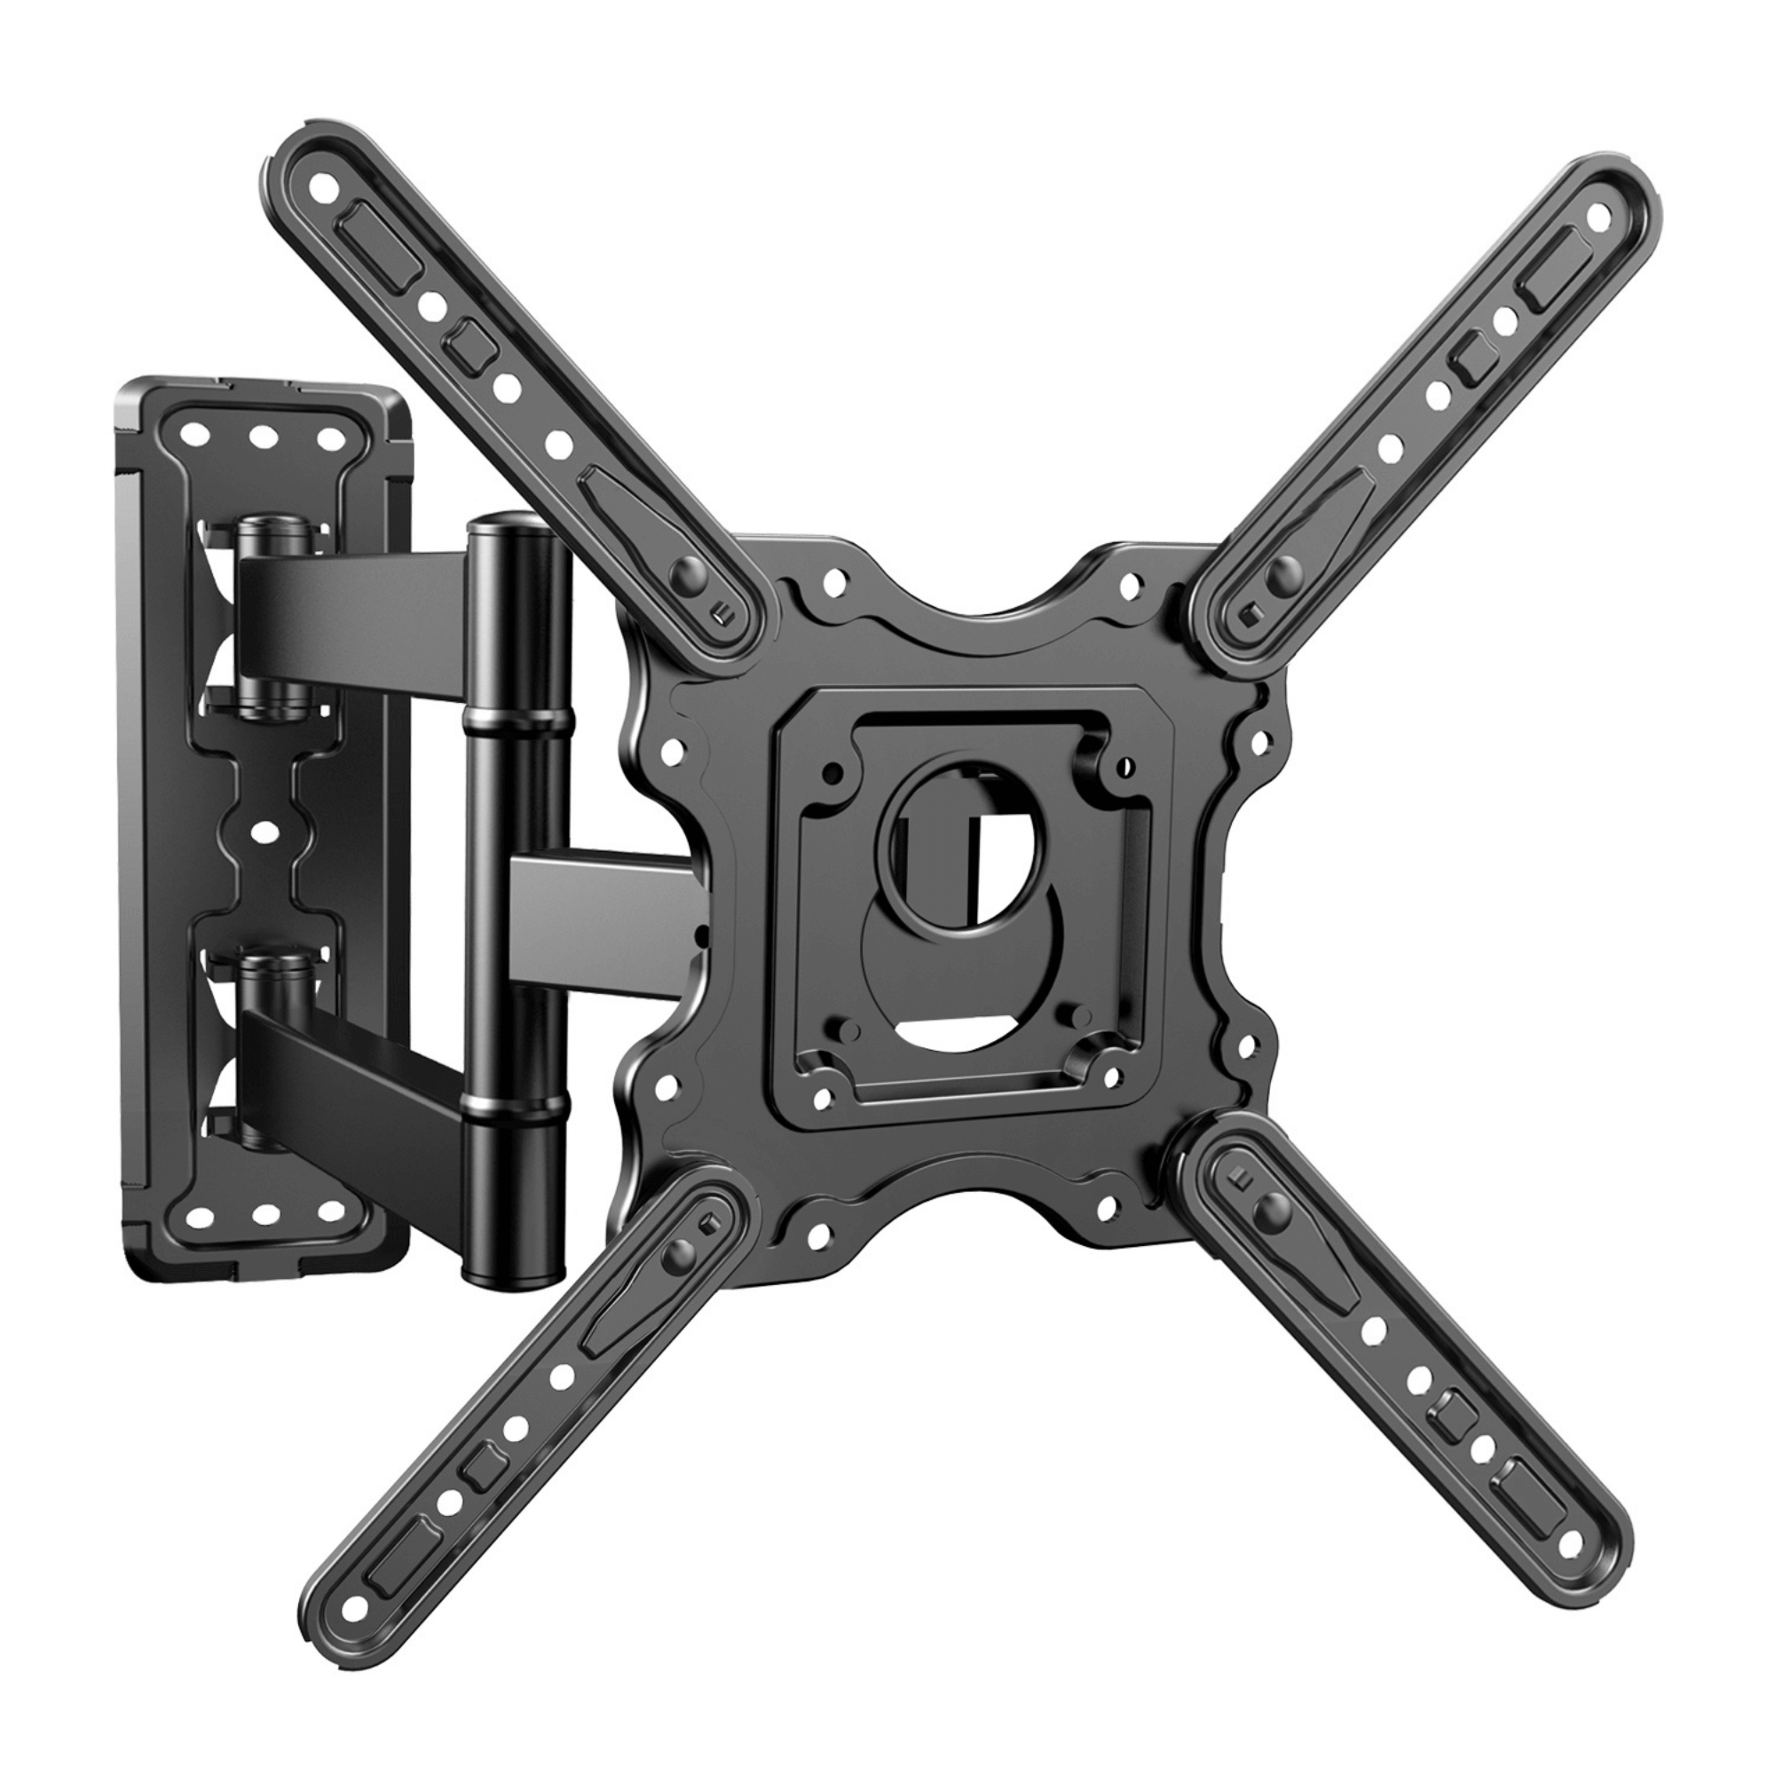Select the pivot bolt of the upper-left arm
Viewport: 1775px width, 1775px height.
click(x=684, y=576)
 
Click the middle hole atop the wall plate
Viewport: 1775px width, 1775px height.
click(x=265, y=438)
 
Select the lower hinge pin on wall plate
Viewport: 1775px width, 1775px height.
click(x=272, y=965)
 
